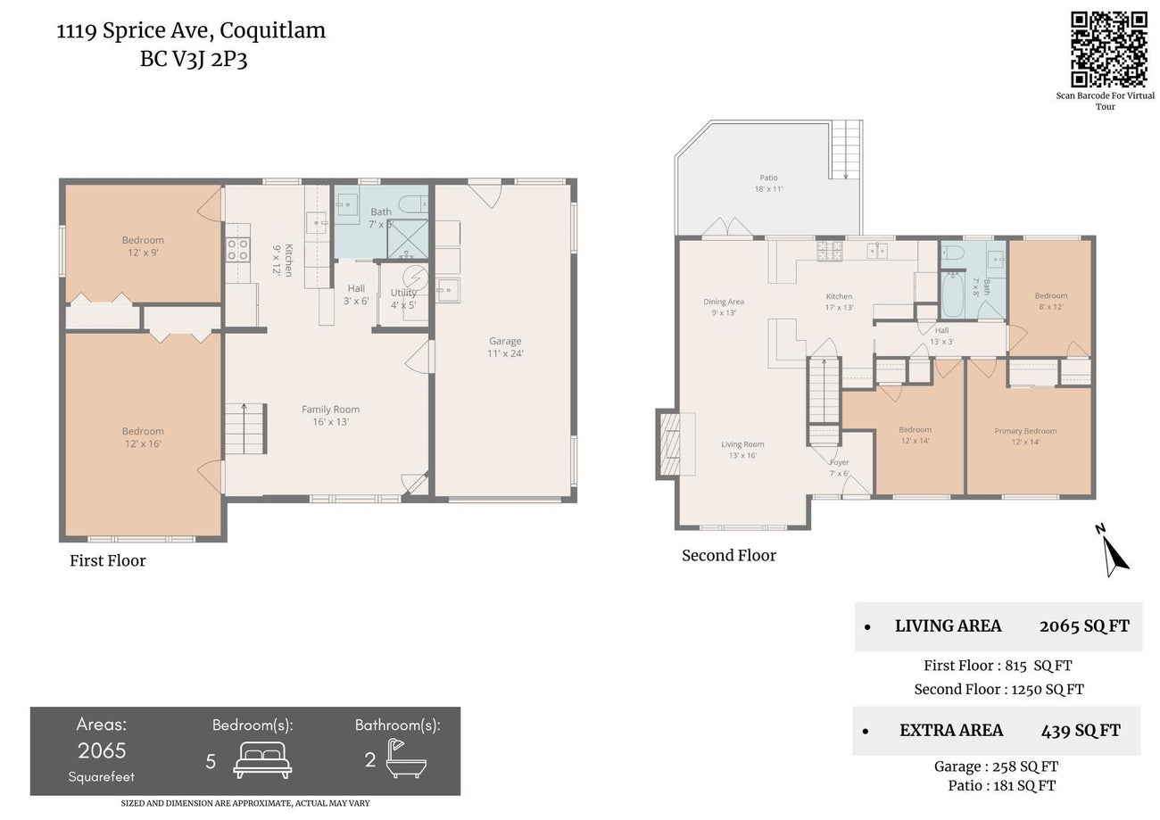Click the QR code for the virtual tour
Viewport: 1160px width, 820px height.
tap(1108, 49)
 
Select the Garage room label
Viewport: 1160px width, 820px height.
tap(505, 341)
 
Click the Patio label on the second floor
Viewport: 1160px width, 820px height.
tap(768, 178)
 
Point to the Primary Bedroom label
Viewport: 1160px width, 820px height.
tap(1025, 431)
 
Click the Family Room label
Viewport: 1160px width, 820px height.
tap(330, 410)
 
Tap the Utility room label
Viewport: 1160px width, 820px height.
tap(403, 293)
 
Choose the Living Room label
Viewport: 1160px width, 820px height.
tap(742, 444)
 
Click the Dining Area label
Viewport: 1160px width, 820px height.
tap(723, 302)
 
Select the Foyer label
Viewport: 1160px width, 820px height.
tap(839, 462)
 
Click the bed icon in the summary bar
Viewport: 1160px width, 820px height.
tap(262, 759)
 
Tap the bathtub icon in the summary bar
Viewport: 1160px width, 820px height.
tap(406, 759)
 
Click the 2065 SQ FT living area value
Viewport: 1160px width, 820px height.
tap(1084, 626)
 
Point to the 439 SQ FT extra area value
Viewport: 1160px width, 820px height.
tap(1081, 731)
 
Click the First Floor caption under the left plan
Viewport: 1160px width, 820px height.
tap(107, 561)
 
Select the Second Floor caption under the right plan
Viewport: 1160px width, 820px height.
tap(729, 556)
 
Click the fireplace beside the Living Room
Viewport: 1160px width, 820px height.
tap(669, 443)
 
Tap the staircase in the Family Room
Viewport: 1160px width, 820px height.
tap(244, 428)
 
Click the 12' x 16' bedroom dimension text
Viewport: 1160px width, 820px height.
tap(143, 444)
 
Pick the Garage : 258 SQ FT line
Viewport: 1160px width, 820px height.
tap(996, 766)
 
